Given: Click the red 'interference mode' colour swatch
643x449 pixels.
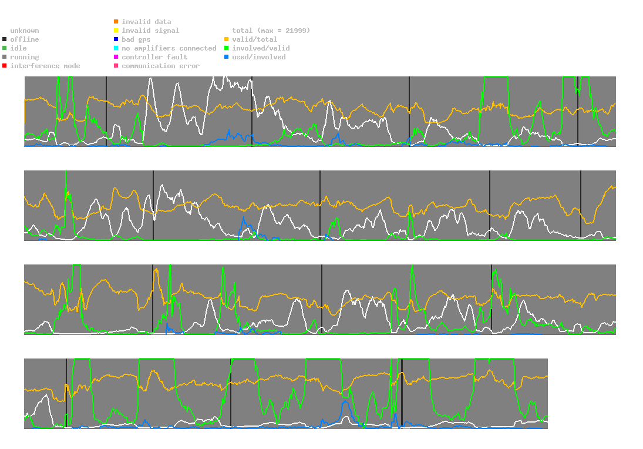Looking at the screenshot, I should [5, 66].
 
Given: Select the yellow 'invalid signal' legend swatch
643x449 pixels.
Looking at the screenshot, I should [116, 31].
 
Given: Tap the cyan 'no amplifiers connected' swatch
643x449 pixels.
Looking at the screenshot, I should [116, 48].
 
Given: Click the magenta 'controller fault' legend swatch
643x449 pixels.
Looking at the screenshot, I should [116, 57].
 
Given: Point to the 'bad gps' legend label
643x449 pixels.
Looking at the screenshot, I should [136, 39].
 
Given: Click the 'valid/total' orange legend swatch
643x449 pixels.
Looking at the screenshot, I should [227, 39].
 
